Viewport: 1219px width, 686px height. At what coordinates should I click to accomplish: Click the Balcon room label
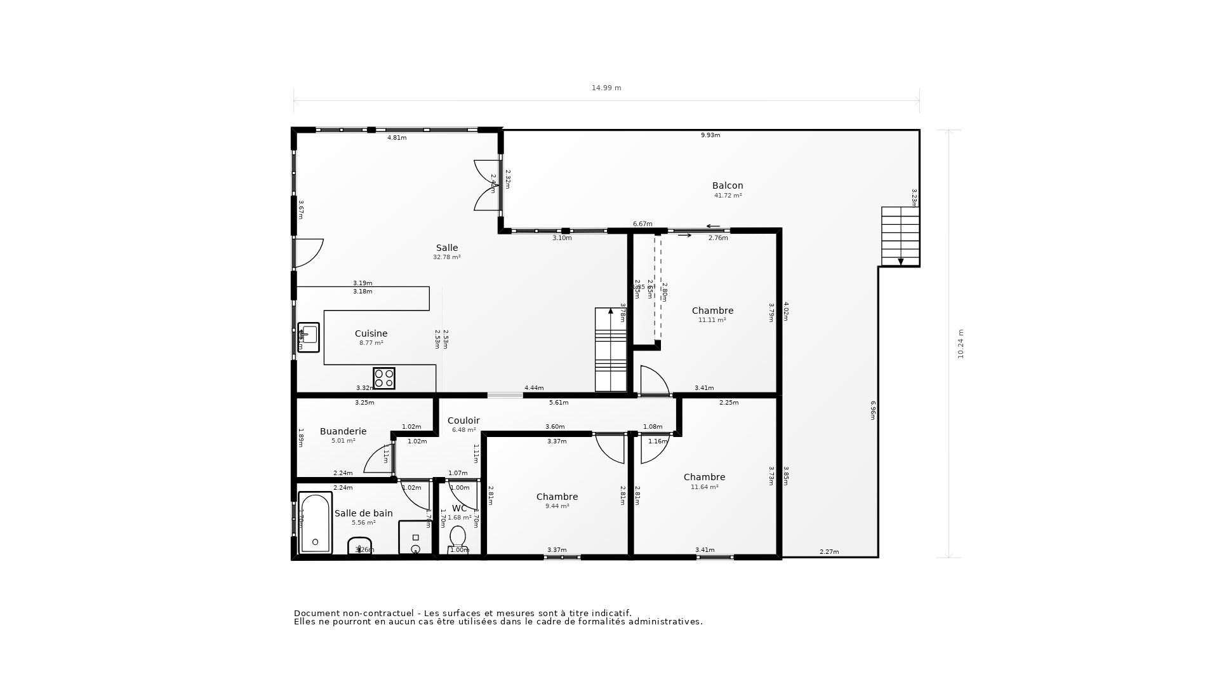tap(728, 185)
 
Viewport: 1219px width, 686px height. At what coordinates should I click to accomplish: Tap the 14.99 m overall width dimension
tap(606, 88)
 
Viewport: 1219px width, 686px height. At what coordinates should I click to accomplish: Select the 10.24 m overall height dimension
tap(961, 344)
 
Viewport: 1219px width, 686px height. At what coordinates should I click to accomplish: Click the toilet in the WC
tap(457, 537)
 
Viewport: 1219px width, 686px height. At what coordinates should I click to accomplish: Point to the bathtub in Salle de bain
tap(315, 523)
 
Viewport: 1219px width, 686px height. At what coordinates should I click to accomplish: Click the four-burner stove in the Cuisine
tap(384, 379)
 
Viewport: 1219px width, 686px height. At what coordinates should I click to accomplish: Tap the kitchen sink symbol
tap(309, 337)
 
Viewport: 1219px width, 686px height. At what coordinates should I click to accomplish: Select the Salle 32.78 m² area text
tap(447, 257)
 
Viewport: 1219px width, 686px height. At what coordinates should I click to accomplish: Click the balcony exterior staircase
tap(900, 236)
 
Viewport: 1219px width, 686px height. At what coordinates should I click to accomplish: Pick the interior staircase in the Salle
tap(610, 350)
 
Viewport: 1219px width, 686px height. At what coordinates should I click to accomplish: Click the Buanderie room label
tap(343, 431)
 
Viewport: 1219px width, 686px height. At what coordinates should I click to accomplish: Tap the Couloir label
tap(463, 420)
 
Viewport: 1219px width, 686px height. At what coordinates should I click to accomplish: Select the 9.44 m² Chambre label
tap(557, 497)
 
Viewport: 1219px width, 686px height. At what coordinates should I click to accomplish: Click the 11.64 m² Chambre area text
tap(704, 487)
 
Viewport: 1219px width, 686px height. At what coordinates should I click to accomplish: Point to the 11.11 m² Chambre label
tap(712, 311)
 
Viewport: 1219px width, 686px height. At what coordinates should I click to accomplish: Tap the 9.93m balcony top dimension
tap(710, 135)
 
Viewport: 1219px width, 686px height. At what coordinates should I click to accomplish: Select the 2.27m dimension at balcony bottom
tap(829, 552)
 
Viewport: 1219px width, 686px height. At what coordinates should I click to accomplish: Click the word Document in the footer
tap(317, 613)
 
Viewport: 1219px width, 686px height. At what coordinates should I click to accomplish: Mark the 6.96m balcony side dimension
tap(873, 410)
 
